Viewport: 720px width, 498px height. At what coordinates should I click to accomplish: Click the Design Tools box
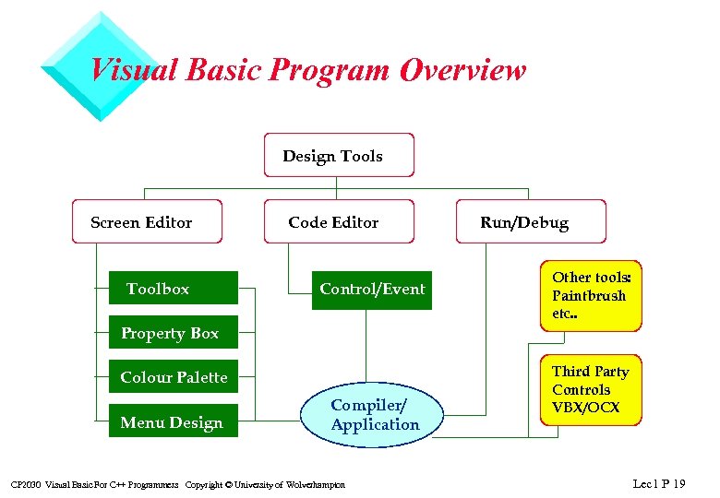[x=339, y=155]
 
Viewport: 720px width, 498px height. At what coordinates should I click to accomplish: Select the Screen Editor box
[x=147, y=221]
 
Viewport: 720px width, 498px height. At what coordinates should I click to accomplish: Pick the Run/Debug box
[x=531, y=221]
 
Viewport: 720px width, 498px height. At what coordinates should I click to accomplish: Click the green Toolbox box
[x=173, y=288]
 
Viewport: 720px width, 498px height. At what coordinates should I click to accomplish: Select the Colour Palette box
[x=173, y=376]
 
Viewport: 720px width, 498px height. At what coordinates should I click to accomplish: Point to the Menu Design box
[x=173, y=422]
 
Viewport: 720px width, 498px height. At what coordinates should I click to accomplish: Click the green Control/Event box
[x=371, y=288]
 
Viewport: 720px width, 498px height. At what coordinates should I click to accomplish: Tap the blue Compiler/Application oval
[x=374, y=415]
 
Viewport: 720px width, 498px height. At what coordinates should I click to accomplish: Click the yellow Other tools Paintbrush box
[x=590, y=295]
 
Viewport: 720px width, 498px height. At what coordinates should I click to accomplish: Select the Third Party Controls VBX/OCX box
[x=590, y=389]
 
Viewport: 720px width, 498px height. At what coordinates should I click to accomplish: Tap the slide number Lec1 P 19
[x=659, y=482]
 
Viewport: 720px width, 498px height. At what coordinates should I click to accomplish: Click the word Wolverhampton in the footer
[x=316, y=485]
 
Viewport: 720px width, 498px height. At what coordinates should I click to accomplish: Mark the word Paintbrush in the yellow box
[x=589, y=296]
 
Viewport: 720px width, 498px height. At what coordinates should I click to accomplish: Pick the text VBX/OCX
[x=586, y=408]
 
